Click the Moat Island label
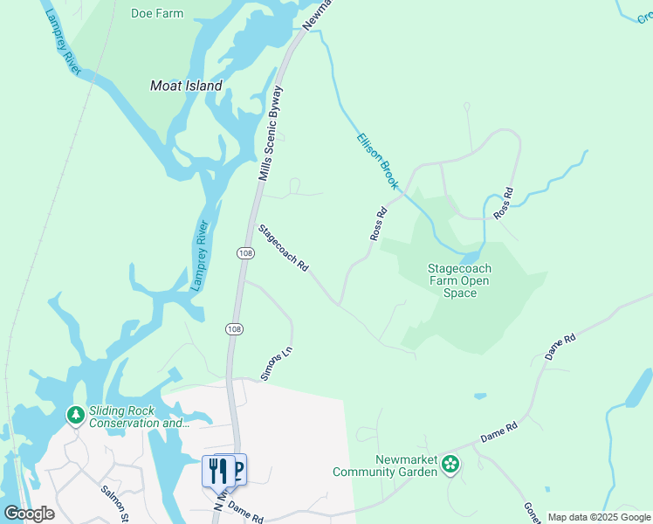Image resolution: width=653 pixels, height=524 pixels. click(186, 86)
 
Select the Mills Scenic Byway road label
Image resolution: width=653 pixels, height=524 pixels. click(271, 133)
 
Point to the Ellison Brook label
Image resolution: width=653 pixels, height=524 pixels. click(377, 162)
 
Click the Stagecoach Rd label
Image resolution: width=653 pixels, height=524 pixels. click(284, 248)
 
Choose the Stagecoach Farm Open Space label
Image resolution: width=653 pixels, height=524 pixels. click(459, 281)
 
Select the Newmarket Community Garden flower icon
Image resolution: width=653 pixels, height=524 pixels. click(450, 465)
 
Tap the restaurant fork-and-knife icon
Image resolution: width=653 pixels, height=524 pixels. click(217, 471)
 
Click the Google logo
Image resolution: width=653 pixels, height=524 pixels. click(29, 514)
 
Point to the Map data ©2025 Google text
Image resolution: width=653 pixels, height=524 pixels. click(600, 517)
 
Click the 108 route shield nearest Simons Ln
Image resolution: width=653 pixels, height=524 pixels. click(233, 328)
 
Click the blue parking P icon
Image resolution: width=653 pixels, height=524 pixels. click(238, 470)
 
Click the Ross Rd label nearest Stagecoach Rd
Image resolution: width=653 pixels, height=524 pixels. click(378, 224)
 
